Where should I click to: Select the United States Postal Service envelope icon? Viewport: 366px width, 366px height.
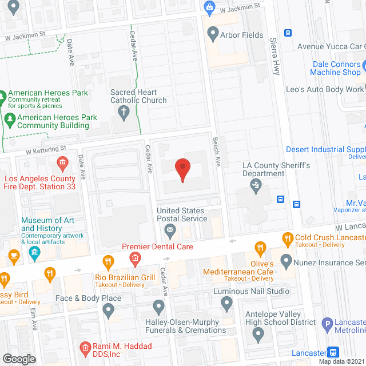click(x=170, y=232)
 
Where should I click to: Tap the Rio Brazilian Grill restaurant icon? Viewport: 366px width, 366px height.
click(x=106, y=263)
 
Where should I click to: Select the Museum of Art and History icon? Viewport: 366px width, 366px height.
click(x=34, y=252)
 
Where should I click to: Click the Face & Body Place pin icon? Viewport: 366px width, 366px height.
click(x=109, y=311)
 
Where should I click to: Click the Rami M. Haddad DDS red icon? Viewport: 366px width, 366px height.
click(x=85, y=347)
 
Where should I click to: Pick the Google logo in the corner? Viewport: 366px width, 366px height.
click(x=19, y=359)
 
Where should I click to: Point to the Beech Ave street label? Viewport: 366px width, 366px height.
click(x=217, y=154)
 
